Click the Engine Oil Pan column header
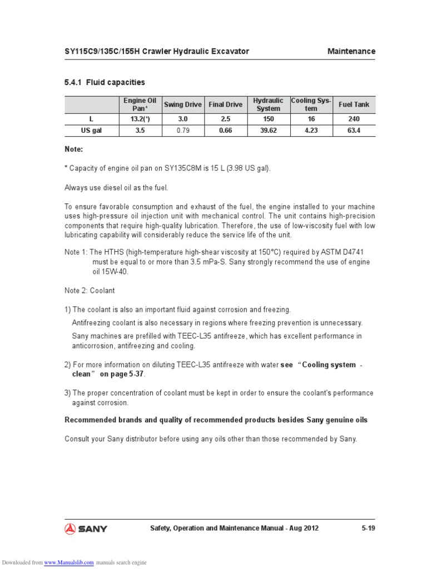[x=140, y=104]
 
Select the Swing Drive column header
[x=182, y=104]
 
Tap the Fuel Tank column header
[x=354, y=104]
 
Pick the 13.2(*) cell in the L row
[x=140, y=119]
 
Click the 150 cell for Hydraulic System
[x=269, y=119]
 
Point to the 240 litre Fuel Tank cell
[x=354, y=119]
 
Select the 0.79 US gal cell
[x=182, y=131]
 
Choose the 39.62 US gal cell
[x=269, y=131]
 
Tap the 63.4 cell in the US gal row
[x=354, y=131]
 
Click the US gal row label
[x=91, y=131]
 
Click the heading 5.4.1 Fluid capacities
[x=105, y=82]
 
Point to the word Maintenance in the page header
[x=351, y=51]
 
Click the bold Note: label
[x=74, y=149]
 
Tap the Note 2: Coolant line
[x=90, y=291]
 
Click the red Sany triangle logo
[x=71, y=528]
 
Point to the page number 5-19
[x=368, y=528]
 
